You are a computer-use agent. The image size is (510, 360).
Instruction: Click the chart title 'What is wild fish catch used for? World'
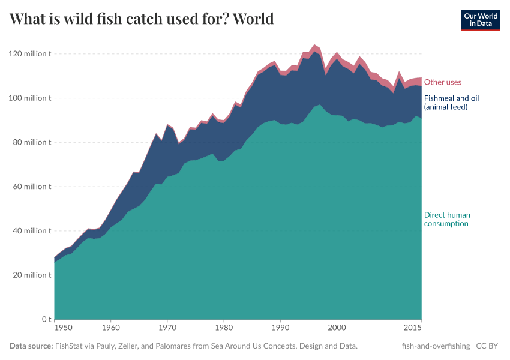[x=142, y=19]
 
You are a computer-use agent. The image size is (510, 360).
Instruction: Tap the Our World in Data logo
[x=480, y=20]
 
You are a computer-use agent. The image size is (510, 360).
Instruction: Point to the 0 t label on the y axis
[x=46, y=319]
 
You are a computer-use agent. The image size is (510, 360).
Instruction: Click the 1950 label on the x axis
[x=64, y=328]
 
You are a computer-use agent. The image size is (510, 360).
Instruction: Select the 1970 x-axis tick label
[x=167, y=328]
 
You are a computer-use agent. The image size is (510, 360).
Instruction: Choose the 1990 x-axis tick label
[x=280, y=328]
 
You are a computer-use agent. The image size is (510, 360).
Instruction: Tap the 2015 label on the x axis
[x=412, y=328]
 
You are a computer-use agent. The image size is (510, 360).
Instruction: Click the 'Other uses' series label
[x=443, y=82]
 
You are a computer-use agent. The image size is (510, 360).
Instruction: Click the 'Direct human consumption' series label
[x=447, y=219]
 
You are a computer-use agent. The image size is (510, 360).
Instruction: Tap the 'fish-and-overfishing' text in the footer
[x=436, y=346]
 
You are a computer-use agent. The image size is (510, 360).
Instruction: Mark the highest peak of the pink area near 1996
[x=314, y=45]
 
